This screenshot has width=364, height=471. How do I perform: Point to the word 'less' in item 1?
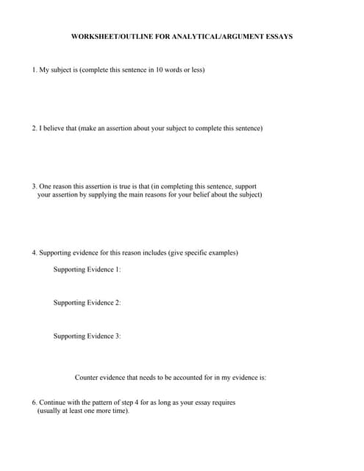(x=195, y=70)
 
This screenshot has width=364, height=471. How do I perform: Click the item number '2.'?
(x=35, y=128)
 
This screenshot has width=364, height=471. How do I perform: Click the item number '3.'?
(x=35, y=187)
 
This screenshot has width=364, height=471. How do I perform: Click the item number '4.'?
(x=35, y=253)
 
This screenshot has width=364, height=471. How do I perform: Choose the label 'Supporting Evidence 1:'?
(x=87, y=269)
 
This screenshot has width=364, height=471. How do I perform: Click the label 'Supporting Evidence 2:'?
(x=87, y=302)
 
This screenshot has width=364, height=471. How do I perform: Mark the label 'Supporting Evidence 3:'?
(x=87, y=336)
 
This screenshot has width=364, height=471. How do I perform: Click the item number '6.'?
(x=35, y=403)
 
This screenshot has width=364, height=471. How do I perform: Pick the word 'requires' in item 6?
(x=222, y=403)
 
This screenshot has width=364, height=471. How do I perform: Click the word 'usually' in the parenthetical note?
(x=52, y=411)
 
